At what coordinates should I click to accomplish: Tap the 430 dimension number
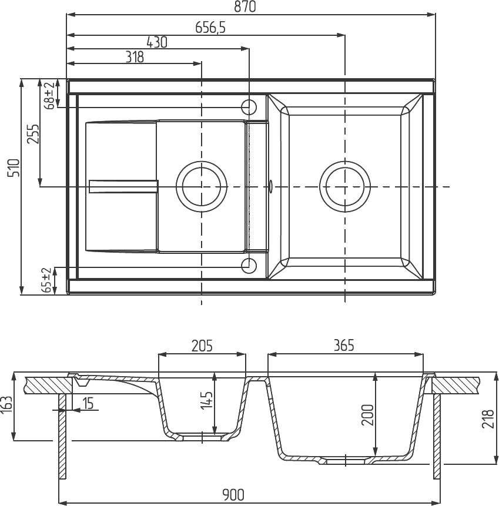(x=157, y=42)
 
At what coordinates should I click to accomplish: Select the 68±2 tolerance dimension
(x=49, y=95)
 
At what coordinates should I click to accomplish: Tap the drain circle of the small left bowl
(x=202, y=186)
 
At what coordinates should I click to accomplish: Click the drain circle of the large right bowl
(x=345, y=186)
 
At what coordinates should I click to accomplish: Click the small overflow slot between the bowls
(x=270, y=186)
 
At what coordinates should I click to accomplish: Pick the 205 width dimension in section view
(x=202, y=346)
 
